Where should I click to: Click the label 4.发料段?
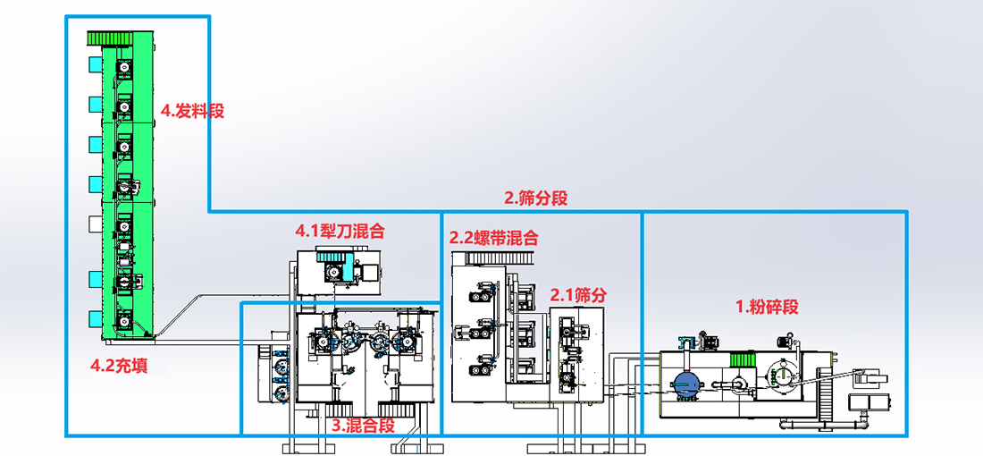(192, 111)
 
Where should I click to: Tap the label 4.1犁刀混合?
(340, 231)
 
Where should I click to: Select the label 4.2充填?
(120, 365)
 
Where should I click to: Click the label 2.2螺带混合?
(494, 238)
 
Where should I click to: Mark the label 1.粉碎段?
(767, 307)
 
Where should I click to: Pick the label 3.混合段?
(363, 425)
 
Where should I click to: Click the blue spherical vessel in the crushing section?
(686, 384)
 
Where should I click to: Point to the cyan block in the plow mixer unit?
(332, 269)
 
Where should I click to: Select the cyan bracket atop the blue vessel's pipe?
(685, 342)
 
